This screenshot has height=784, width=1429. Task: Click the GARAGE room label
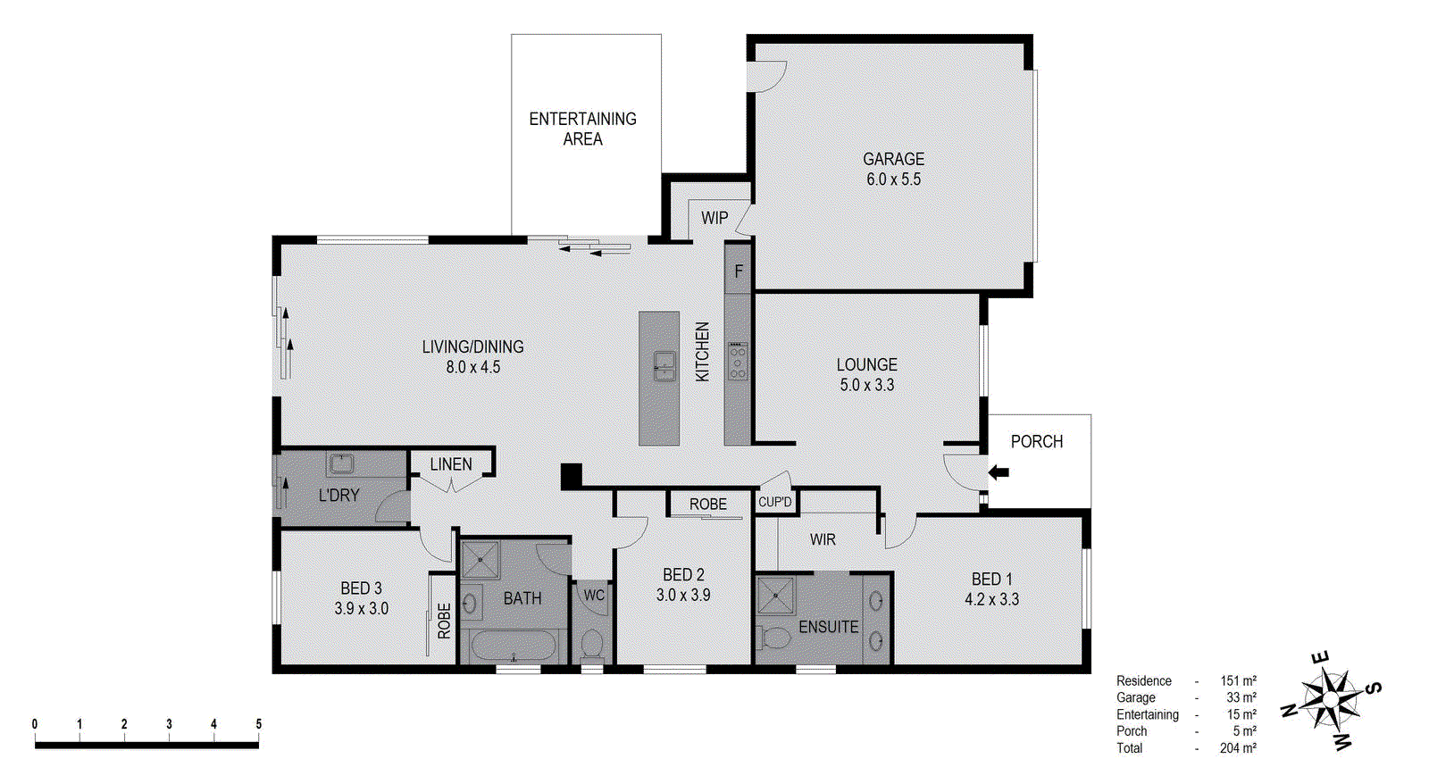[x=893, y=159]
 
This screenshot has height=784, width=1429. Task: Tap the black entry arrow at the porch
[x=999, y=472]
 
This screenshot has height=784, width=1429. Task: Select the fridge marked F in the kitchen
[x=738, y=271]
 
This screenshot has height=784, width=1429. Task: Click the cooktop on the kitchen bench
[x=737, y=361]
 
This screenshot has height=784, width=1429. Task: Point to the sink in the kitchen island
[x=664, y=364]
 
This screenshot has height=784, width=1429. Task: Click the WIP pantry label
[x=714, y=218]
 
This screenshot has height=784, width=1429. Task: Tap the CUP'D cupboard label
[x=774, y=502]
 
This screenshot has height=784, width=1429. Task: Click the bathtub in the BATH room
[x=513, y=646]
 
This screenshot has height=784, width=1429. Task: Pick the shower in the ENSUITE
[x=775, y=595]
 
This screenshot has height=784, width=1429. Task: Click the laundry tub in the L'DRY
[x=341, y=463]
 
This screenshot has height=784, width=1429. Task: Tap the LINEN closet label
[x=451, y=464]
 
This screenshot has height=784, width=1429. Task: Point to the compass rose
[x=1331, y=700]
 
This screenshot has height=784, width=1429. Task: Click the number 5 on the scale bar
[x=258, y=724]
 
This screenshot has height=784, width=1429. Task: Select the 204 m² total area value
[x=1237, y=748]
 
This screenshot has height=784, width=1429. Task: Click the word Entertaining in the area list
[x=1147, y=714]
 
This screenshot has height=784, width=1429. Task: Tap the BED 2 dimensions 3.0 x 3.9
[x=683, y=595]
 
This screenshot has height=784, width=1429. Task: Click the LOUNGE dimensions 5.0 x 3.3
[x=866, y=385]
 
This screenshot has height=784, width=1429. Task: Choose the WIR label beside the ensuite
[x=823, y=539]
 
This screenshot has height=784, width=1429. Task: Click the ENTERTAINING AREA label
[x=582, y=129]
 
